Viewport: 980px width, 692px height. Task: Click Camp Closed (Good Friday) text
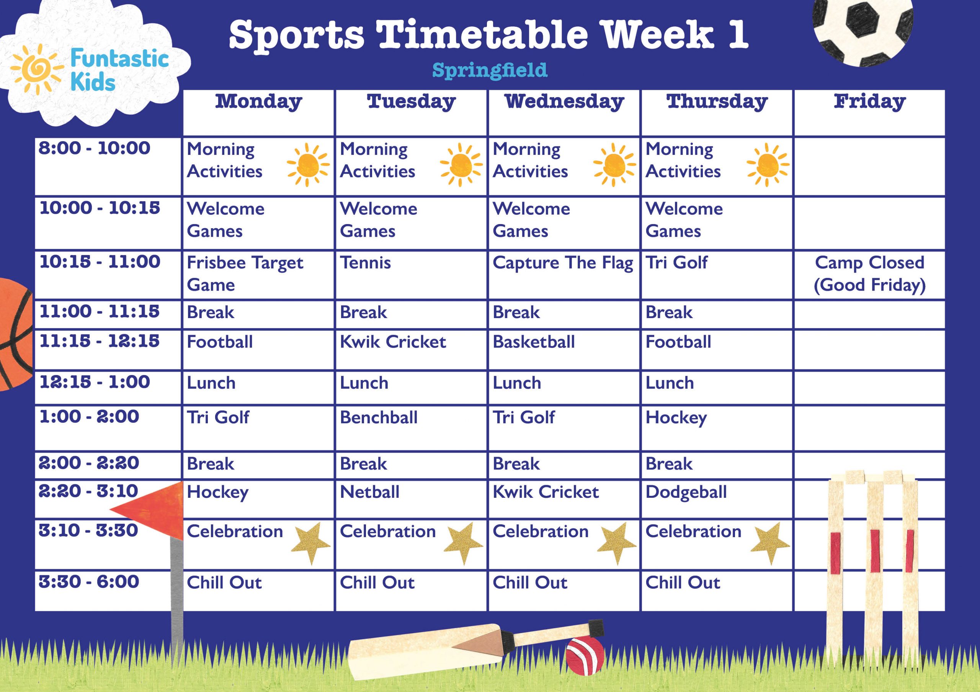869,274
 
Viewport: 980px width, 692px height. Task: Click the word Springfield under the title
490,70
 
